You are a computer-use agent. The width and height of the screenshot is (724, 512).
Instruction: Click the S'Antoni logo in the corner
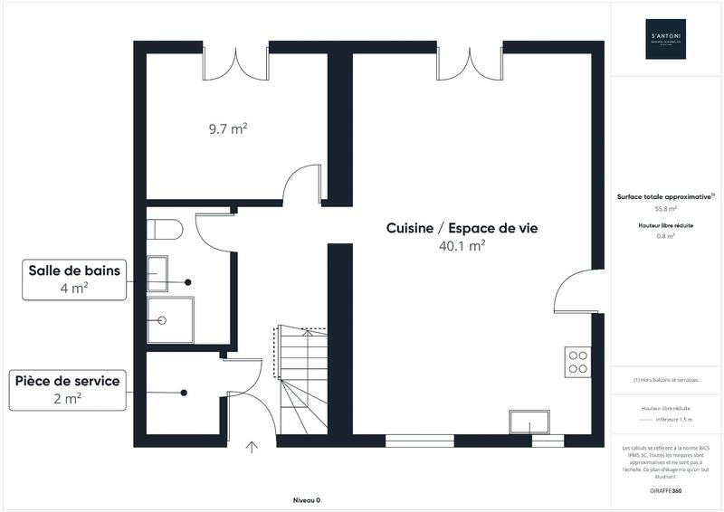click(665, 39)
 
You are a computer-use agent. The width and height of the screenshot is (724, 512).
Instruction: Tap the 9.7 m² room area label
click(228, 129)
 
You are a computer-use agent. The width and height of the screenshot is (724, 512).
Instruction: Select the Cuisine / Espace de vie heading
click(462, 229)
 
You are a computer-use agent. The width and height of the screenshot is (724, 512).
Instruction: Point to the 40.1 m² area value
click(462, 246)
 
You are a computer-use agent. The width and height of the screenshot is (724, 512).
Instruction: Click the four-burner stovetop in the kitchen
click(577, 362)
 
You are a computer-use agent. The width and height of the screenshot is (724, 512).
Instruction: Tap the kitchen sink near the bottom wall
click(529, 423)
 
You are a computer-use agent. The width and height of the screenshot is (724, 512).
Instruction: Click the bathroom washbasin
click(157, 270)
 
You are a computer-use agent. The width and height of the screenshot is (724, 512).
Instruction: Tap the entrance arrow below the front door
click(252, 446)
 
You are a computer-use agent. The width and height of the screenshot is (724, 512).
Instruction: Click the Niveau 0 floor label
click(307, 500)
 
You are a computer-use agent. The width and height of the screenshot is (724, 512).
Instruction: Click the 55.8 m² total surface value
click(666, 207)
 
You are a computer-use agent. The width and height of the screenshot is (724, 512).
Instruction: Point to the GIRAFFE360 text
click(666, 488)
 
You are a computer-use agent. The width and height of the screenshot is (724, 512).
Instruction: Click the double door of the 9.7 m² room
click(235, 61)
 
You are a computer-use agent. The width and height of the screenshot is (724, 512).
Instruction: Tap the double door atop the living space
click(467, 61)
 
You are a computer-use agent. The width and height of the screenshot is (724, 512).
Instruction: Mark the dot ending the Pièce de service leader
click(184, 393)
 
